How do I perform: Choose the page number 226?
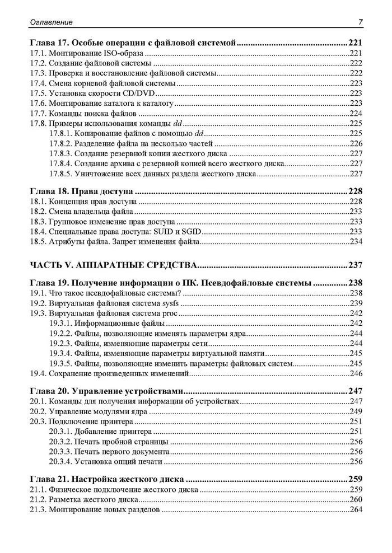tap(356, 143)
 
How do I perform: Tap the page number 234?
tap(356, 242)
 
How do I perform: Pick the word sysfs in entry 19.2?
tap(175, 303)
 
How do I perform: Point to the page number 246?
tap(356, 373)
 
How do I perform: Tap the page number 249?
tap(356, 411)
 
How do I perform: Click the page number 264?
tap(356, 510)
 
